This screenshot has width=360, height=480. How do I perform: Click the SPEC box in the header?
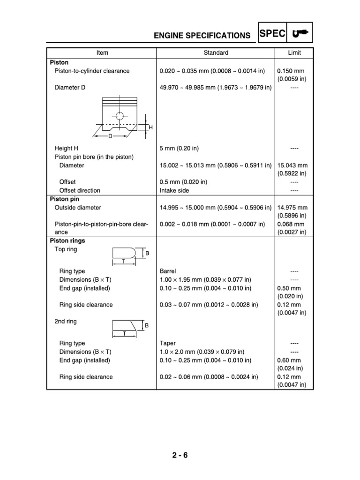pyautogui.click(x=271, y=33)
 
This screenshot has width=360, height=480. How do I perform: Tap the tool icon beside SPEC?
pyautogui.click(x=299, y=33)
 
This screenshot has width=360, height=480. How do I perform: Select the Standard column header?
pyautogui.click(x=216, y=53)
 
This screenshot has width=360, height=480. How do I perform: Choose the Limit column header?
pyautogui.click(x=294, y=53)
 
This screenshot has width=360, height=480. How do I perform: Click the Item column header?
pyautogui.click(x=102, y=53)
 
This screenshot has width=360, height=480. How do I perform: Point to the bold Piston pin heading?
pyautogui.click(x=65, y=199)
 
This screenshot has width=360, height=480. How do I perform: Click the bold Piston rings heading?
pyautogui.click(x=67, y=240)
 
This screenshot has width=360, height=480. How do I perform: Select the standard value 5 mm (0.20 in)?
pyautogui.click(x=179, y=149)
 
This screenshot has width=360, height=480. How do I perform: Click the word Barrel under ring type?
pyautogui.click(x=168, y=271)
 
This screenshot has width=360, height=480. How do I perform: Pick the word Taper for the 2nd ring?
pyautogui.click(x=167, y=343)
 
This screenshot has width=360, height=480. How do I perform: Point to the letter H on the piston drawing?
pyautogui.click(x=151, y=127)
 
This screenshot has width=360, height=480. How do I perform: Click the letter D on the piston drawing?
pyautogui.click(x=111, y=136)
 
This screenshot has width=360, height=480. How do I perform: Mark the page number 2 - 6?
pyautogui.click(x=180, y=455)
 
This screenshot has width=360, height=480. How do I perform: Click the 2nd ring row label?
pyautogui.click(x=66, y=322)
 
